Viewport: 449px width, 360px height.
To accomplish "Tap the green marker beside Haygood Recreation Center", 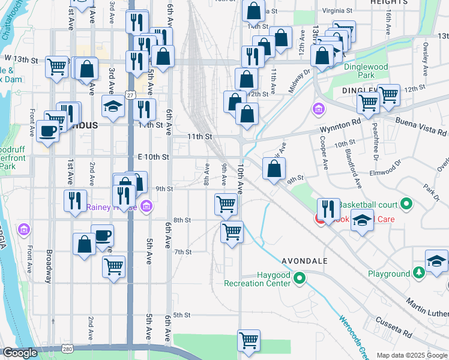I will click(x=301, y=278).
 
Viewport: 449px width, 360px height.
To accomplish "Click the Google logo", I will click(x=20, y=353).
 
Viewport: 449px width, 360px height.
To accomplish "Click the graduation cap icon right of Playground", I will click(x=436, y=260).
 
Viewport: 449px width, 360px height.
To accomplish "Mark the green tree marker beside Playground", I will click(x=419, y=274).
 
